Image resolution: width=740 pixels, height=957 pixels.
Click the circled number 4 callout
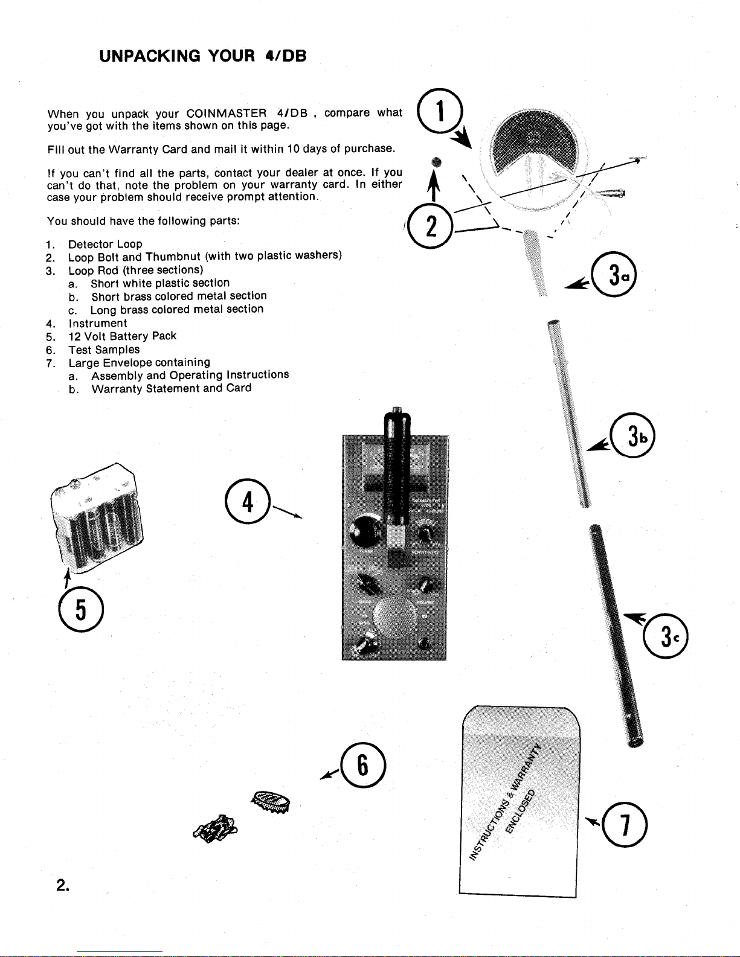(247, 501)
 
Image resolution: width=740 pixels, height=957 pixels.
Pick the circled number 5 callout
(81, 609)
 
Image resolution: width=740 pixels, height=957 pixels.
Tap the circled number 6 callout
(362, 764)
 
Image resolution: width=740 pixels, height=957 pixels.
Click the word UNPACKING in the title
(150, 56)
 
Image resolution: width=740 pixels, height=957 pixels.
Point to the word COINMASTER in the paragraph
(227, 114)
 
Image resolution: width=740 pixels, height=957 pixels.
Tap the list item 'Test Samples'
(104, 350)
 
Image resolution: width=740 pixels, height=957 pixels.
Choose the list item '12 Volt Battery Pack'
(122, 336)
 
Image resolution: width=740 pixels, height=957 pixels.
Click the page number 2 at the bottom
(62, 885)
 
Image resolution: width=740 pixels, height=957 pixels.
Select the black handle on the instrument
(397, 465)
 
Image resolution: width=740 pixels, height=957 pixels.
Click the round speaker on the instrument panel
(394, 616)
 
